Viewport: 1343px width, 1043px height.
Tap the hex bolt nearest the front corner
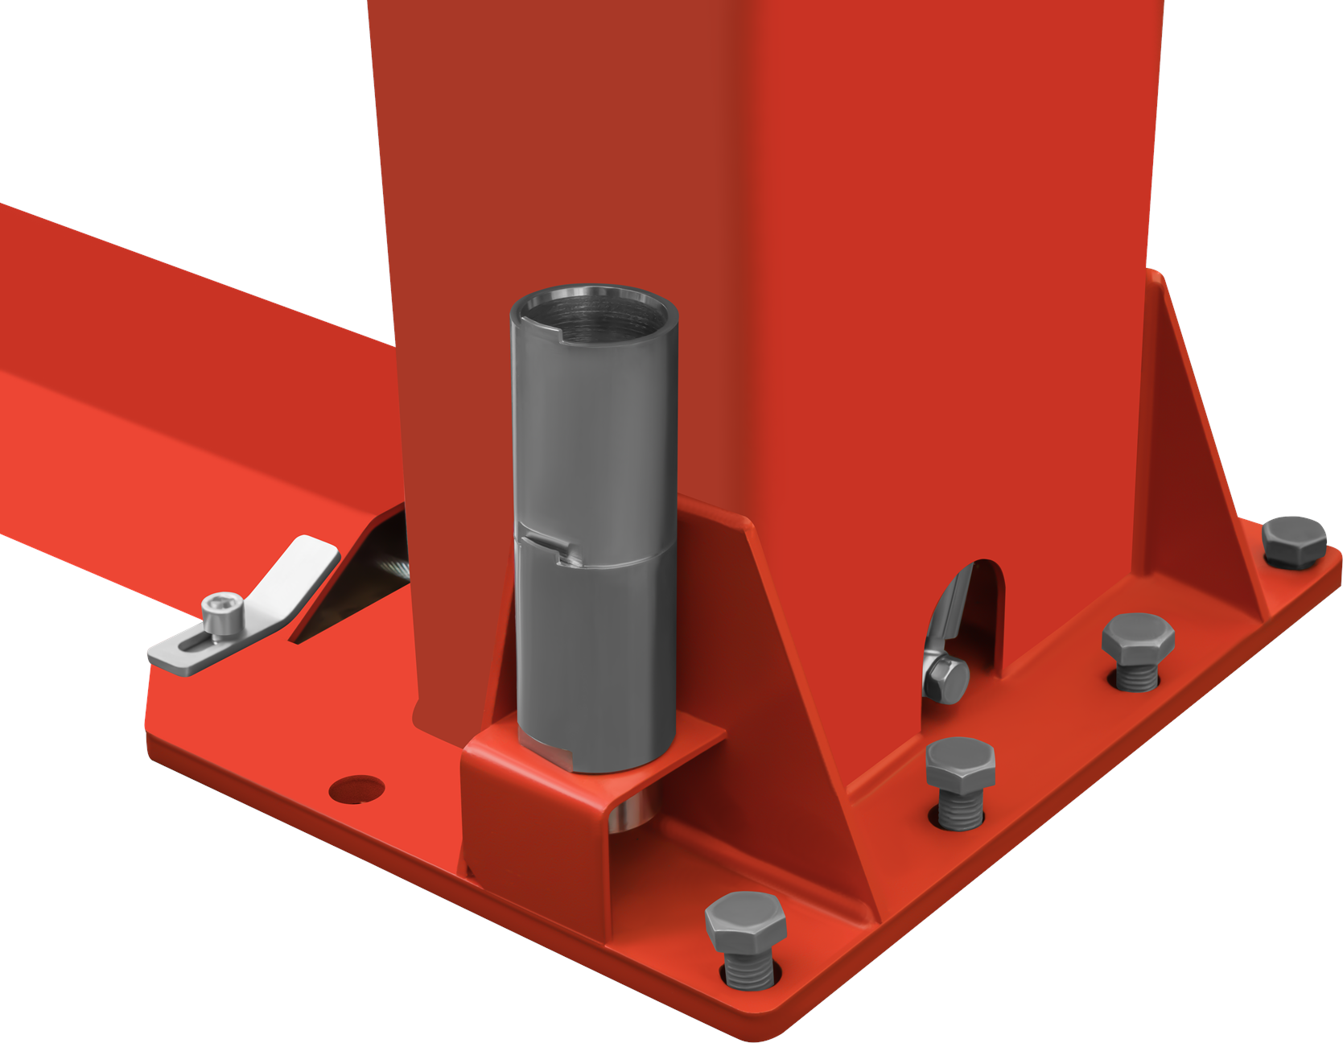tap(746, 921)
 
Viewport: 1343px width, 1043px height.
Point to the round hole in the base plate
tap(356, 789)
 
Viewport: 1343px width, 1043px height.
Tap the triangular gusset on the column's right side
tap(1199, 451)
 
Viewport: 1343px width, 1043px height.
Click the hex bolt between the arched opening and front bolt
tap(960, 765)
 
